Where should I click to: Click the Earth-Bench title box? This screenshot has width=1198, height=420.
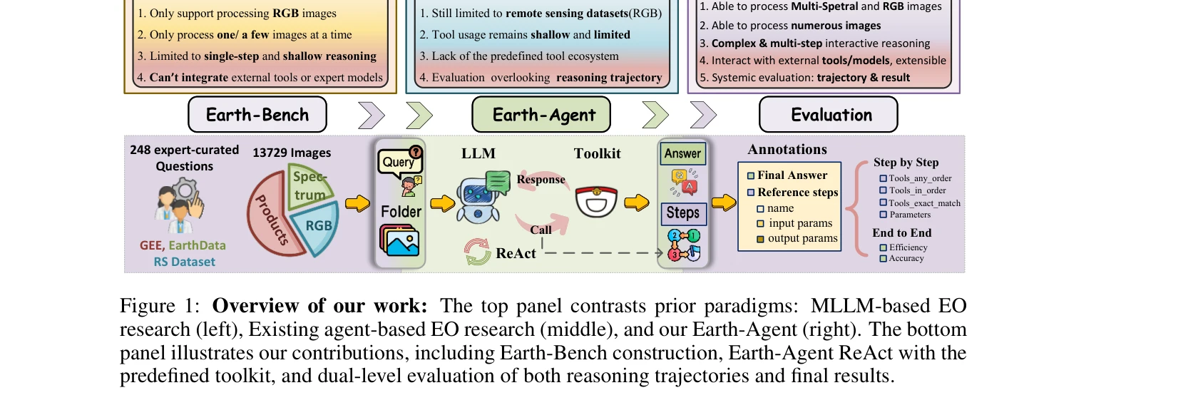(257, 115)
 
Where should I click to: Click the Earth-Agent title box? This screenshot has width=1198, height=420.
(541, 115)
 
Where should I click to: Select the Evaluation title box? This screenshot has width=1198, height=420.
(828, 115)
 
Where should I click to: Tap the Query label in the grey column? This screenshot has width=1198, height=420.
(398, 162)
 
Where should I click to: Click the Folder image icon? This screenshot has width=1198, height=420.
(399, 241)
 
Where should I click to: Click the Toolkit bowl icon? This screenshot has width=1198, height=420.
(596, 202)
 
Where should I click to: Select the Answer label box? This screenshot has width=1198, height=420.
(682, 153)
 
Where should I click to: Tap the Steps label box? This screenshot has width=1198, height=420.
(682, 212)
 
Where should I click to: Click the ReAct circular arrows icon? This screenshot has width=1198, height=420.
(477, 252)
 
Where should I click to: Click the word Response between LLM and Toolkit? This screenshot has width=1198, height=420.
(541, 180)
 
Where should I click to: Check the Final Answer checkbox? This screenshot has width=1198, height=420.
(751, 175)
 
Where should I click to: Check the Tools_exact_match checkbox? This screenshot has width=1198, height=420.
(883, 203)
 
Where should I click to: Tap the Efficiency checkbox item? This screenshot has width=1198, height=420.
(884, 247)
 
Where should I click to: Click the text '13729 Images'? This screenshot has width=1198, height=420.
(292, 153)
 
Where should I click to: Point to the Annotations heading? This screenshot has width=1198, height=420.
(787, 150)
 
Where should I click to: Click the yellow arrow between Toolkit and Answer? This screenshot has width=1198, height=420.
(636, 203)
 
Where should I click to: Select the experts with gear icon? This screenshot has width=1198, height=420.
(180, 206)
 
